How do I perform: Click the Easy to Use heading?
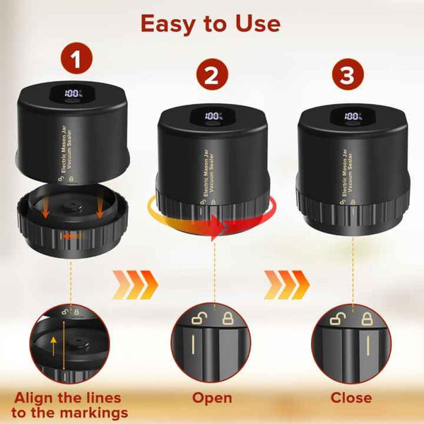point(210,23)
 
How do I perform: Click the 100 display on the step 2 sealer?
point(213,116)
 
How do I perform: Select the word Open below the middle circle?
point(212,398)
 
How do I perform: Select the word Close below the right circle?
point(351,398)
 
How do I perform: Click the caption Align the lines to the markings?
point(71,405)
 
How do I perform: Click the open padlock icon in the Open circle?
point(199,318)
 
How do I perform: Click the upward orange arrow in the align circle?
point(54,346)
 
